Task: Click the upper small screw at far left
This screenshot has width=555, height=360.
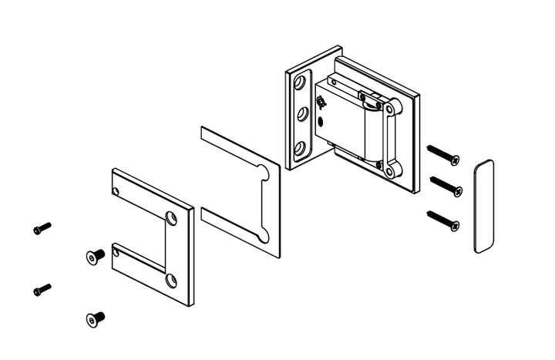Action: click(42, 228)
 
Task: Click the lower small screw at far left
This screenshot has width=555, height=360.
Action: click(42, 290)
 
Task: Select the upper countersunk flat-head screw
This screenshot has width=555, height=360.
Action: click(95, 256)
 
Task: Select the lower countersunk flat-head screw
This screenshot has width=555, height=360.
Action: click(95, 318)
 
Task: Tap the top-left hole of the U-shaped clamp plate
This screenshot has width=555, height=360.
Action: click(116, 190)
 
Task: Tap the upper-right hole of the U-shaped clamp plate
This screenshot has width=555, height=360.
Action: click(171, 218)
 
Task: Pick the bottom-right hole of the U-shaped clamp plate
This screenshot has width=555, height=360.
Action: click(171, 281)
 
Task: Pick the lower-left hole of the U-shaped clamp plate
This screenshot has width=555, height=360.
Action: click(116, 251)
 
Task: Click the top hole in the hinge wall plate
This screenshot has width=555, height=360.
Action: click(300, 83)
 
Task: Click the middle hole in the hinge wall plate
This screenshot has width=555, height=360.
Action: click(301, 115)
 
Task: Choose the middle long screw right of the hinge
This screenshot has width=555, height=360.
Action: click(446, 185)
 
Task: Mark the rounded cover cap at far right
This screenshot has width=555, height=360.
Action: click(483, 206)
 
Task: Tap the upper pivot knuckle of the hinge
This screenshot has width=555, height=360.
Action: click(392, 107)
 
